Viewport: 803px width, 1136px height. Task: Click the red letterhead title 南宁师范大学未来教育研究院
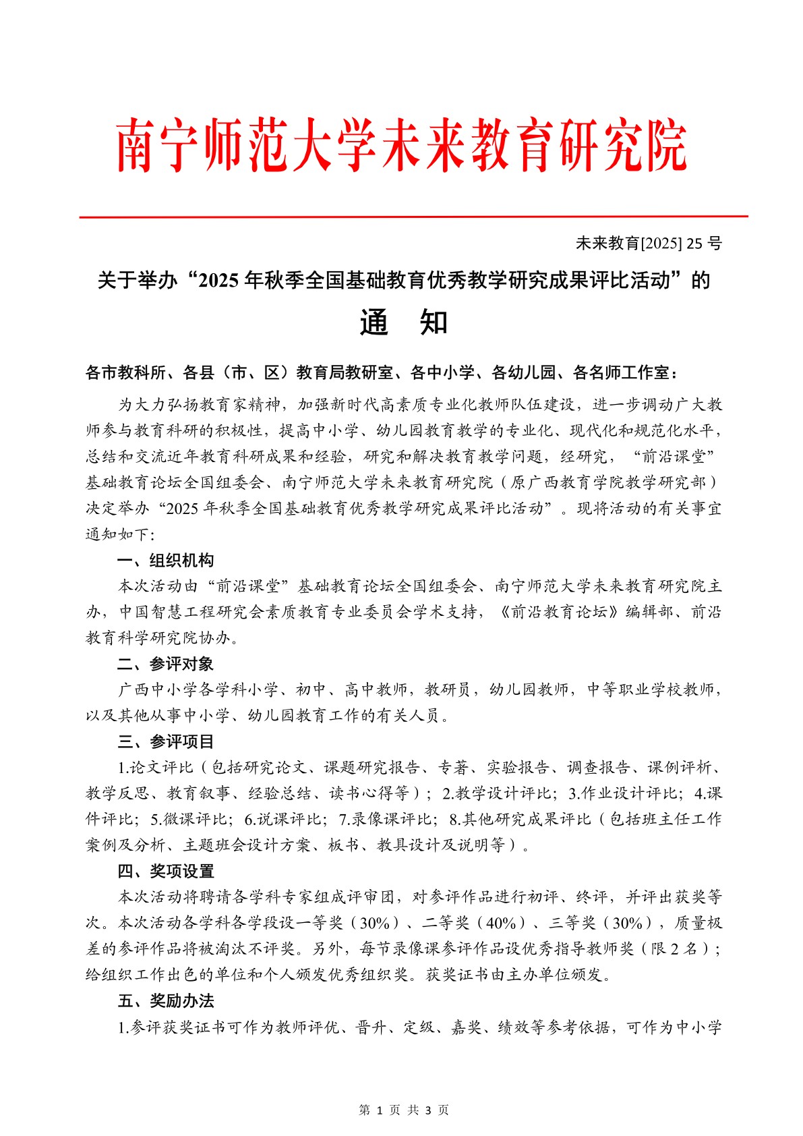click(x=402, y=146)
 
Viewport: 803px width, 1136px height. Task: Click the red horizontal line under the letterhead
click(x=413, y=217)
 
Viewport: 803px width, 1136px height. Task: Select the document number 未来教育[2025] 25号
click(x=648, y=244)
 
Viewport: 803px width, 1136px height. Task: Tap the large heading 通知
click(x=403, y=323)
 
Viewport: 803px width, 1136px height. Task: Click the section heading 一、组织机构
click(x=165, y=561)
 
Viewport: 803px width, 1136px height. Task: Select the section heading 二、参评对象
click(x=165, y=664)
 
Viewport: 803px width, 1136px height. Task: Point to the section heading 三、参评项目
click(x=165, y=742)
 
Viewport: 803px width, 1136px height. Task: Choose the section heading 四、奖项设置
click(x=165, y=872)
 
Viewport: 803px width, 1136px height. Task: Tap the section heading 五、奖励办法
click(x=165, y=1001)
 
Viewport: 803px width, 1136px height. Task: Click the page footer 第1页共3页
click(x=403, y=1110)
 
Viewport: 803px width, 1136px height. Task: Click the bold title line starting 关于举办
click(x=403, y=281)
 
